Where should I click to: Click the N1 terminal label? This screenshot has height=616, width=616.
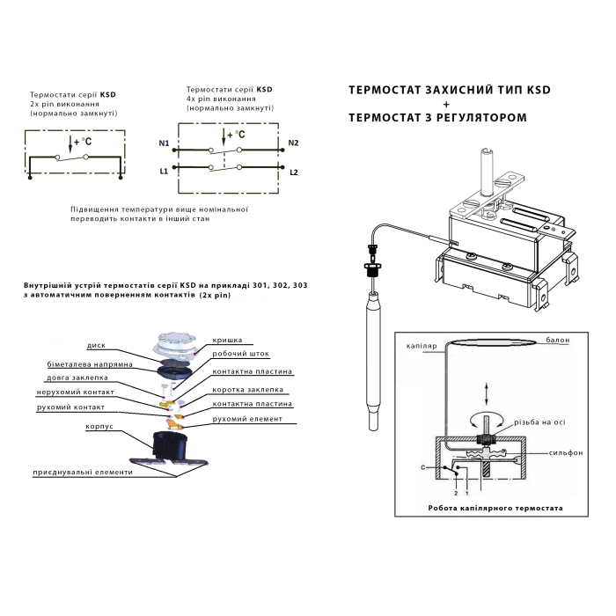tap(164, 143)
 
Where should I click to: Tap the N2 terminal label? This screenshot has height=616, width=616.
tap(294, 143)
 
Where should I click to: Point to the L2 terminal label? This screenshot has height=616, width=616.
tap(294, 172)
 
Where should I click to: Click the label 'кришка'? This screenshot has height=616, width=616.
tap(227, 339)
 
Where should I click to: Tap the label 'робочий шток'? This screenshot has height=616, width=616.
tap(238, 354)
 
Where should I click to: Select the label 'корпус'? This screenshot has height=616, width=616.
tap(99, 427)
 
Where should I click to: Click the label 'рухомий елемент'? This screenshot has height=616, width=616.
tap(247, 419)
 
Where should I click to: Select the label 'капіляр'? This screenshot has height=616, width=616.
tap(422, 346)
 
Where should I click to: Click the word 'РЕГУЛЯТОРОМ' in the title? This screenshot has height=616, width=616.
tap(475, 117)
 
